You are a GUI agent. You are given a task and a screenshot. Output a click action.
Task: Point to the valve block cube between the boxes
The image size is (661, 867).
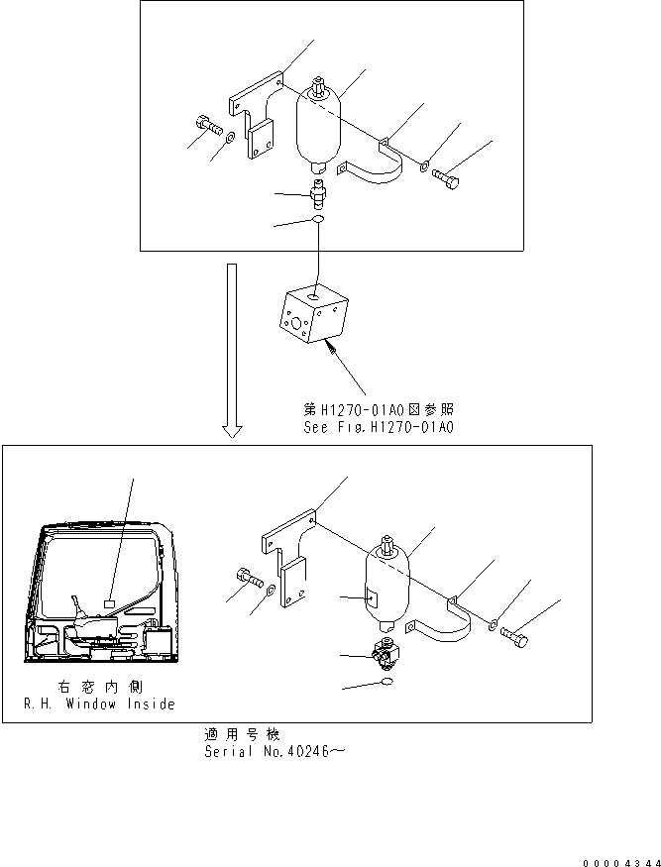pos(310,315)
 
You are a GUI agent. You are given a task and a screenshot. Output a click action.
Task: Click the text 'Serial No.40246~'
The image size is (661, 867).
pos(274,750)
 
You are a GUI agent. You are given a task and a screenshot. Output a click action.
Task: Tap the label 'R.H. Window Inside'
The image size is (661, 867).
pos(99,704)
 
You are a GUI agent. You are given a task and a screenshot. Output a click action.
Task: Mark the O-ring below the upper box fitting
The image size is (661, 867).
pos(316,220)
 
